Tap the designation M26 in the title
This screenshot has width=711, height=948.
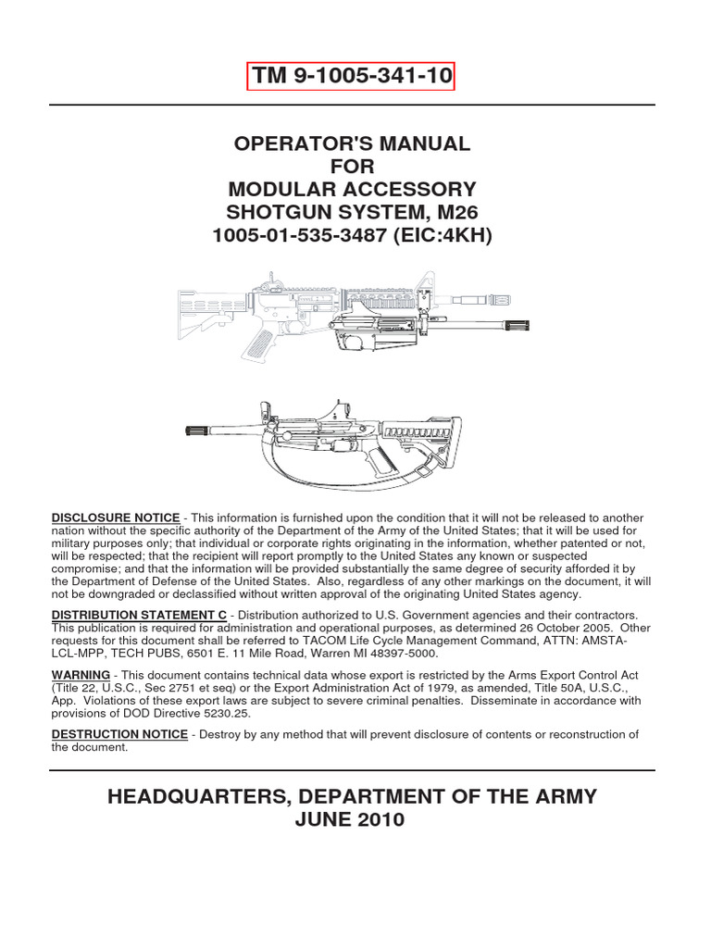pyautogui.click(x=469, y=213)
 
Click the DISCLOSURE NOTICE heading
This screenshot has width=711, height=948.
pyautogui.click(x=115, y=517)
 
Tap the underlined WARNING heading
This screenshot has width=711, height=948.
pyautogui.click(x=81, y=674)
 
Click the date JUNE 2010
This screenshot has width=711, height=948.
pyautogui.click(x=355, y=821)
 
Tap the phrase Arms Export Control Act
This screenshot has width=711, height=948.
pyautogui.click(x=568, y=675)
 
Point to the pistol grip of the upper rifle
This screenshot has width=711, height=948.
pyautogui.click(x=262, y=340)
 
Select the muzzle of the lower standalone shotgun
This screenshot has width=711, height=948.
pyautogui.click(x=203, y=430)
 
